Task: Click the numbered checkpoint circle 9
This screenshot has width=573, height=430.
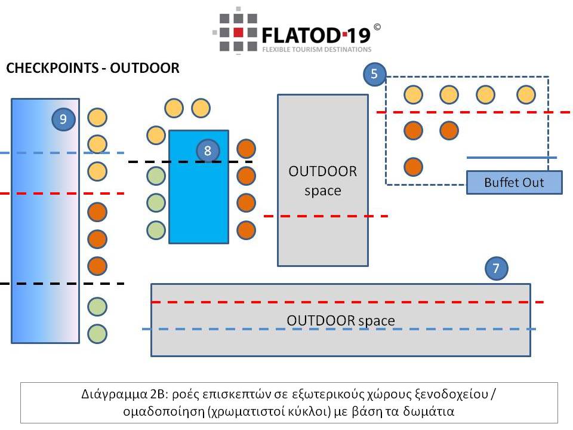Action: tap(63, 119)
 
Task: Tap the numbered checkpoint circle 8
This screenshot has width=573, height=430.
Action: tap(207, 150)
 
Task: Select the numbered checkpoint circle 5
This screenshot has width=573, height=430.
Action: tap(374, 74)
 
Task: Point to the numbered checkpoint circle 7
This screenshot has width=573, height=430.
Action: tap(496, 269)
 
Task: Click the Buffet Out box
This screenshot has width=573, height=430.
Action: tap(514, 182)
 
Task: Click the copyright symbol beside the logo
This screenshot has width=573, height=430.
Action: tap(377, 27)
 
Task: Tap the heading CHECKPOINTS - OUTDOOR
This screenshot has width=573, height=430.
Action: tap(93, 68)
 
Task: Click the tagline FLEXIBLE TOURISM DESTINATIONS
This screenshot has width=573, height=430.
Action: tap(316, 50)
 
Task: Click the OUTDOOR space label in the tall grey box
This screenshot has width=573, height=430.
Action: tap(322, 181)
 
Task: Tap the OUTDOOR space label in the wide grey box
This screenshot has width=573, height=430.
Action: tap(340, 321)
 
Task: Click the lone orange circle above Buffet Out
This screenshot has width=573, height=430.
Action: tap(413, 167)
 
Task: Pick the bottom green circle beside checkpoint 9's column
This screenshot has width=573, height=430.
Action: tap(97, 333)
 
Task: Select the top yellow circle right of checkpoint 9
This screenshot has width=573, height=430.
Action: tap(97, 117)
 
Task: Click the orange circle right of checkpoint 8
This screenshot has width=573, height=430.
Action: tap(246, 148)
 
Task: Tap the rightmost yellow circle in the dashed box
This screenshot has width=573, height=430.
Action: tap(526, 95)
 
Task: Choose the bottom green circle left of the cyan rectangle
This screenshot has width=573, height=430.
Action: tap(156, 229)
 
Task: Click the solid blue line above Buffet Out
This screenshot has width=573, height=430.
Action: tap(511, 158)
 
